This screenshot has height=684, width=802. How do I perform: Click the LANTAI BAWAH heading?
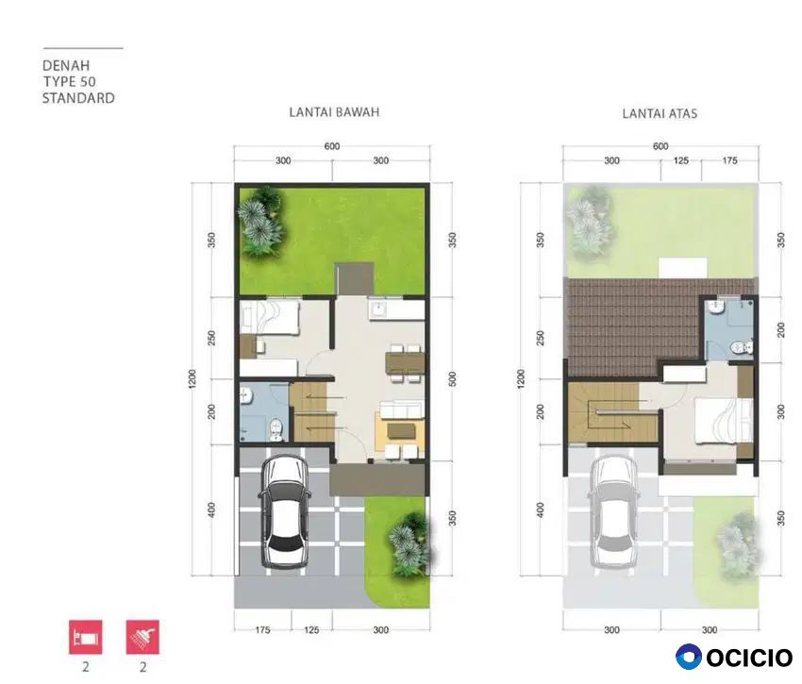tap(334, 112)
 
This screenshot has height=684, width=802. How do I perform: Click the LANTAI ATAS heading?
tap(660, 113)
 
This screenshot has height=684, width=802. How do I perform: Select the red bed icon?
tap(86, 637)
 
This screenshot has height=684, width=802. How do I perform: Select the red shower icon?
tap(142, 637)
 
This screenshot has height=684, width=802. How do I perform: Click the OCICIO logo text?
tap(749, 658)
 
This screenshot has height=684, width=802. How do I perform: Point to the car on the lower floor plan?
tap(285, 511)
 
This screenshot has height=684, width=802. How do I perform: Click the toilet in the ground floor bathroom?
tap(276, 429)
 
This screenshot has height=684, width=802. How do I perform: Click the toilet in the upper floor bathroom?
tap(741, 347)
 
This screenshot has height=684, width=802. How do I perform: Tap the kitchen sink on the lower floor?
tap(378, 309)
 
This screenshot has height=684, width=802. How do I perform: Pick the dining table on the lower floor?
tap(406, 364)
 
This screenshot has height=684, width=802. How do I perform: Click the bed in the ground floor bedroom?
tap(270, 318)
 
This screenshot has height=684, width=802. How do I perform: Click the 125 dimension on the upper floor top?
tap(681, 160)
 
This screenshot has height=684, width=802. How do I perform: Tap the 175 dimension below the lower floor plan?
tap(262, 630)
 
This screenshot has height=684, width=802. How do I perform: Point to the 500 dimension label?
tap(452, 379)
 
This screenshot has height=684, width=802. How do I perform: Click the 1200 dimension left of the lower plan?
tap(192, 379)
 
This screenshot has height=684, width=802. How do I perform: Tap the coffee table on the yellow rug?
tap(402, 431)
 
